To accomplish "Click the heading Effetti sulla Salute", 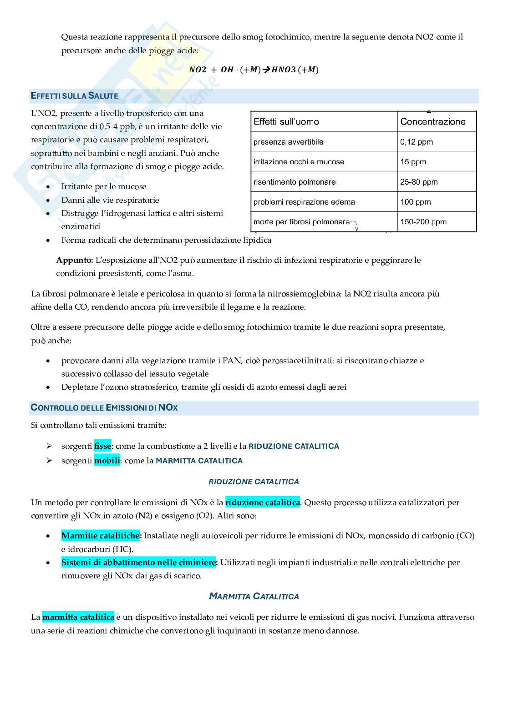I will tap(75, 96).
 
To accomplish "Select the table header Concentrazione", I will tap(432, 122).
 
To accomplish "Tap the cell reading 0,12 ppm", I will tap(416, 142).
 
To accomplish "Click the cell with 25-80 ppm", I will tap(418, 182).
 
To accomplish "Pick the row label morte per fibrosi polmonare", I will tap(301, 222).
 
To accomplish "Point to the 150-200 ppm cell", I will tap(423, 222).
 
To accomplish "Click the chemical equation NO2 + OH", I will tap(254, 70).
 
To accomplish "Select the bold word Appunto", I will tap(74, 260).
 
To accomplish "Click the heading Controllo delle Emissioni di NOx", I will tap(104, 408).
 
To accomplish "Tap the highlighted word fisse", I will tap(102, 446).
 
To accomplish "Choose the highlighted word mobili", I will tap(107, 461).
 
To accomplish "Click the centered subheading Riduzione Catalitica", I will tap(254, 482).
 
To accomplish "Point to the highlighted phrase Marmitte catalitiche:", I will tap(101, 536).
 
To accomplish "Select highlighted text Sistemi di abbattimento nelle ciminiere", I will tap(139, 562).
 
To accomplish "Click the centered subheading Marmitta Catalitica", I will tap(254, 597).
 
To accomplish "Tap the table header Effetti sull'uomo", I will tap(286, 122).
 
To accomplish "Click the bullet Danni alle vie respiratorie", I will tap(110, 200).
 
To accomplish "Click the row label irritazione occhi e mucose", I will tap(299, 162).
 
